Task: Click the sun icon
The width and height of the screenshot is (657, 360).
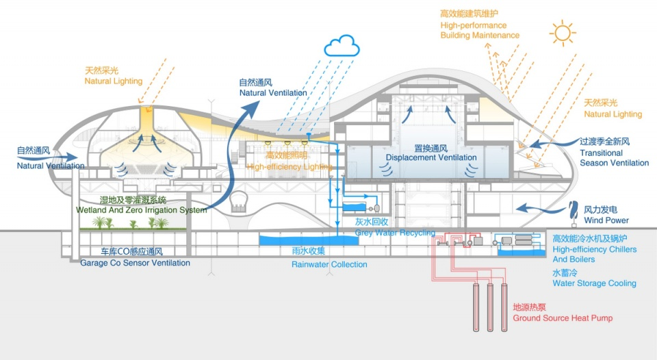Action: click(x=563, y=32)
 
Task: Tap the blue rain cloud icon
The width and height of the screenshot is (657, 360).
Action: click(x=342, y=47)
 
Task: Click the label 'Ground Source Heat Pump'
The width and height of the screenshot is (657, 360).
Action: click(x=563, y=318)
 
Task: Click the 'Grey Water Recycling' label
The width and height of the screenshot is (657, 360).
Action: click(x=394, y=233)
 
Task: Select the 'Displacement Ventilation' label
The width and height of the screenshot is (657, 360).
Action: click(x=430, y=157)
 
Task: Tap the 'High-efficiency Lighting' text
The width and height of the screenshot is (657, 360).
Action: click(x=289, y=166)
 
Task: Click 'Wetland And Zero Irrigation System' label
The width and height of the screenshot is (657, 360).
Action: click(x=143, y=210)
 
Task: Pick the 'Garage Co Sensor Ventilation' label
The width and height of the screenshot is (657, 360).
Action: click(x=135, y=263)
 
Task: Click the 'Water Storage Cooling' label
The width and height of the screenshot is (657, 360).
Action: click(x=594, y=283)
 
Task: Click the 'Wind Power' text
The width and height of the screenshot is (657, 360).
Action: click(x=606, y=220)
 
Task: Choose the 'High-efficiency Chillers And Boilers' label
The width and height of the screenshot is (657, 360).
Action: click(x=594, y=255)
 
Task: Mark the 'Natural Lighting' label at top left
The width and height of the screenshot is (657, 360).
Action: click(x=113, y=81)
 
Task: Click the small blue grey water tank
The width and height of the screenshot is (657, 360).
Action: click(x=354, y=207)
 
